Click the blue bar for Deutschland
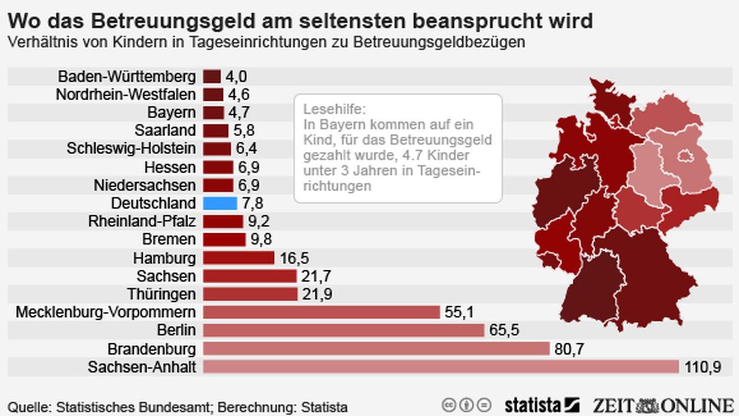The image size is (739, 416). pos(219,203)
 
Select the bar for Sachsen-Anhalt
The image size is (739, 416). pos(441,366)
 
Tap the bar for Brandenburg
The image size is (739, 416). pos(376,348)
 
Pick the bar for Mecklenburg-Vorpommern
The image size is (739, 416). pos(321,312)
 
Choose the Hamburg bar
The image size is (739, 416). pos(238,258)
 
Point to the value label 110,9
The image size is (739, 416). pos(703,367)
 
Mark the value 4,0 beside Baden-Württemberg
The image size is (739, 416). pos(236,76)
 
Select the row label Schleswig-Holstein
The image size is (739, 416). pos(131,149)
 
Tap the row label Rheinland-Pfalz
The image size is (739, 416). pos(142,221)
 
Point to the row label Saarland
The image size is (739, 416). pos(165,130)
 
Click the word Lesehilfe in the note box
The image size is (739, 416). pos(327,109)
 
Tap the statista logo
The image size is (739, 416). pos(541,405)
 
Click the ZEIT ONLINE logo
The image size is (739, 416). pos(663,405)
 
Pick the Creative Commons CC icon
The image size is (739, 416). pos(449,405)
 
